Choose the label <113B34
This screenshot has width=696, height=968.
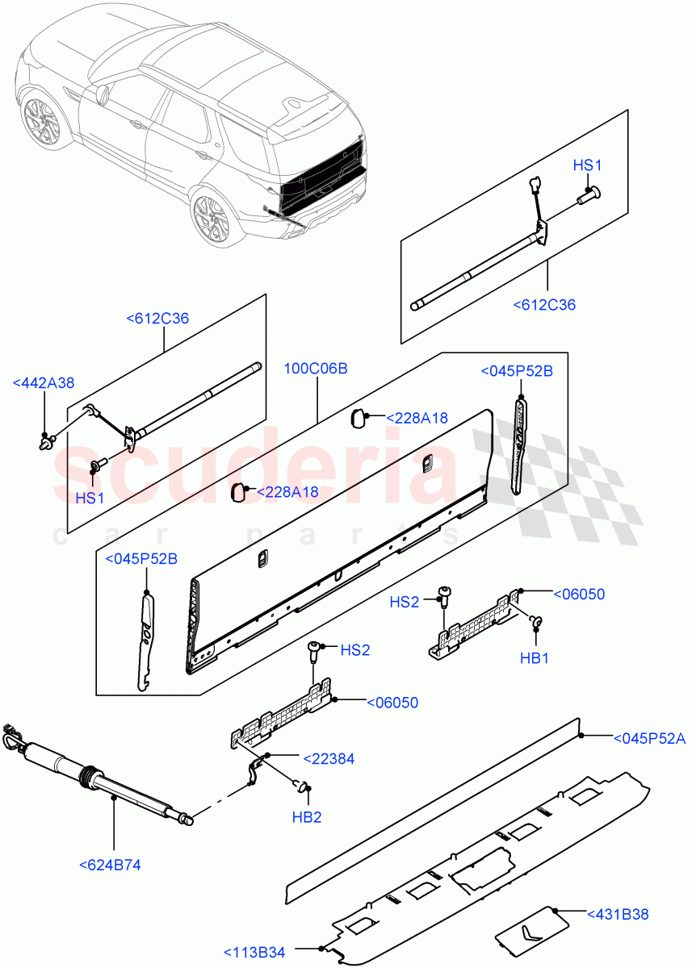tap(254, 953)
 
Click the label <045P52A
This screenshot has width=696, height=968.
tap(649, 737)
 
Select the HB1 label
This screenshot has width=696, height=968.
tap(534, 658)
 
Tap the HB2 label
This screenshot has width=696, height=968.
tap(307, 817)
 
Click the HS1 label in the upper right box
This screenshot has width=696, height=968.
tap(588, 165)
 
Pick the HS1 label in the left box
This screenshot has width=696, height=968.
tap(90, 498)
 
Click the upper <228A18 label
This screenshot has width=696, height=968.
tap(417, 418)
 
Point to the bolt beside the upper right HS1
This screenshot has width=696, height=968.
tap(587, 194)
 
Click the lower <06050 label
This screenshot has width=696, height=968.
tap(392, 703)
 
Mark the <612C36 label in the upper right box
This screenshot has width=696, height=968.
tap(544, 304)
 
